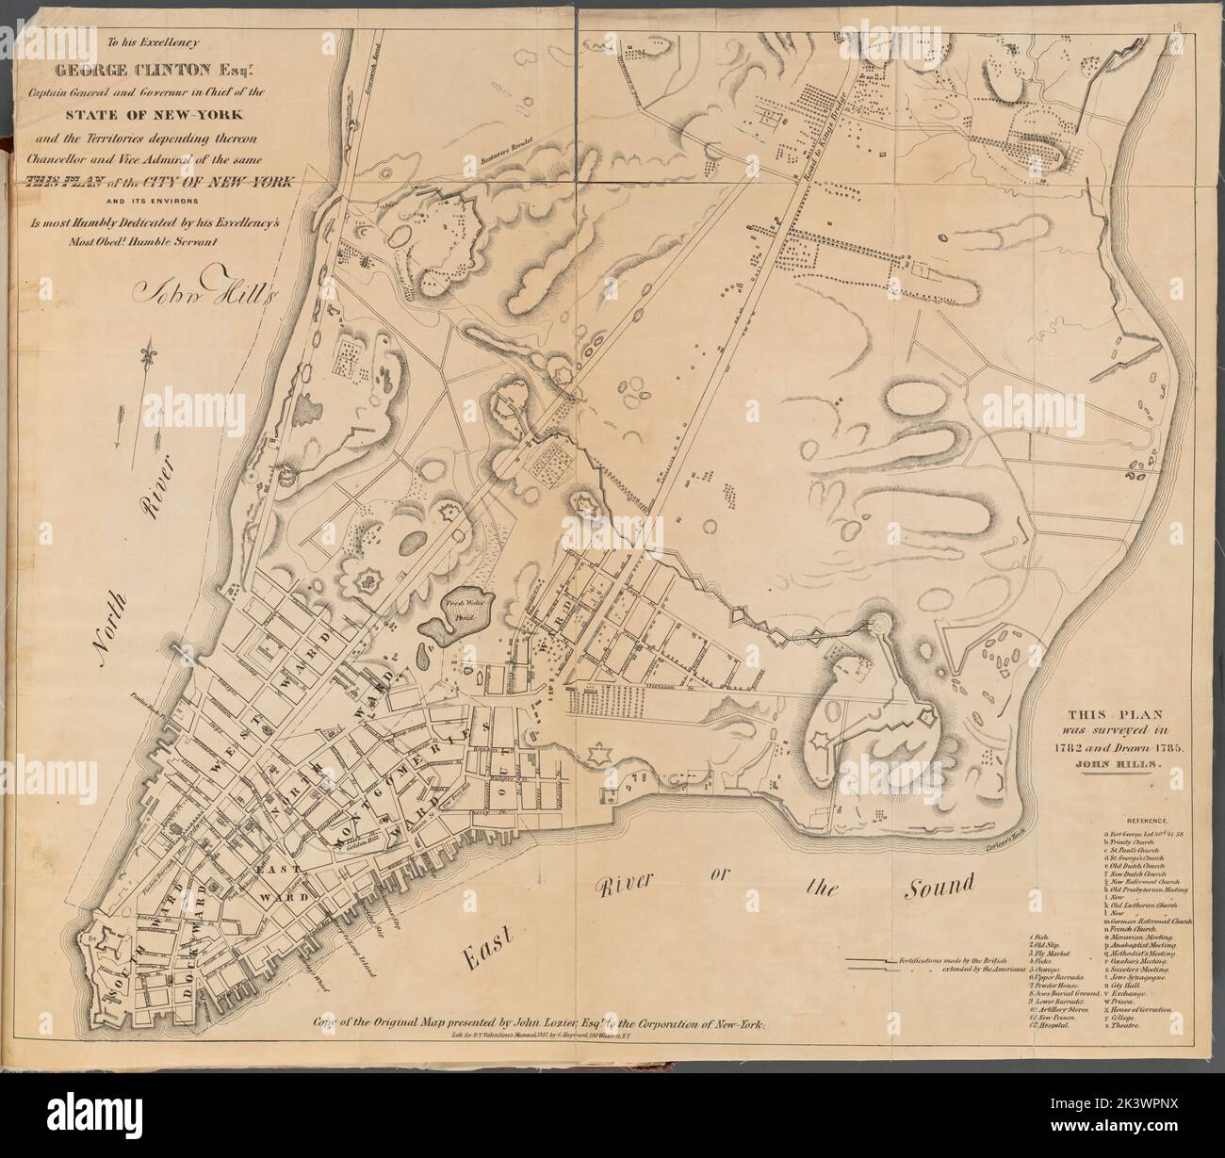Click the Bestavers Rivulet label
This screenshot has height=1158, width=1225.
click(x=503, y=143)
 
